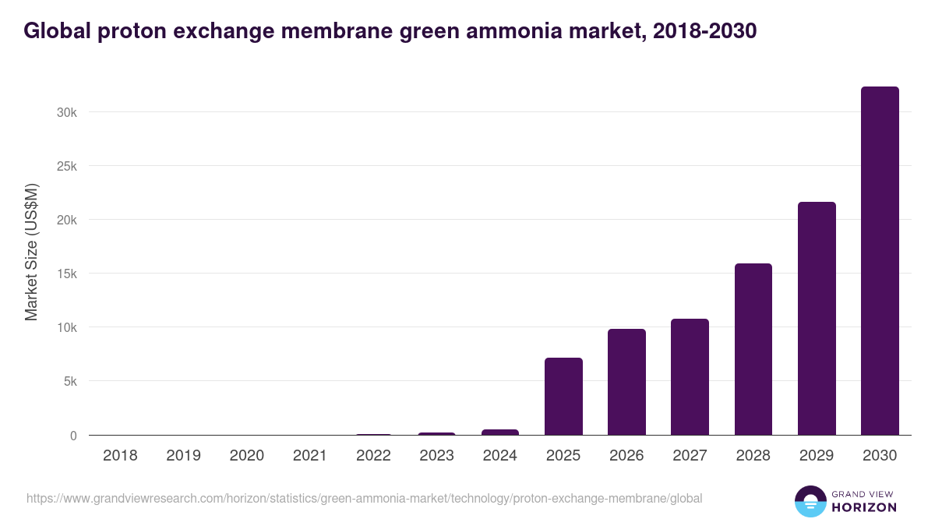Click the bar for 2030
click(x=880, y=261)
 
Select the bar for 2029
click(x=817, y=319)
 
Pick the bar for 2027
click(x=690, y=377)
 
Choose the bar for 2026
click(x=626, y=382)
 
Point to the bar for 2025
click(x=563, y=397)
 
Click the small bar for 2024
click(x=499, y=432)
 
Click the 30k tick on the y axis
click(x=66, y=112)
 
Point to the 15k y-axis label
click(x=66, y=274)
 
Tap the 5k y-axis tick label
click(x=69, y=382)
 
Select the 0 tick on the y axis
click(x=73, y=436)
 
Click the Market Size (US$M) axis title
click(x=31, y=252)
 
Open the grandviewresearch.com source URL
click(x=364, y=498)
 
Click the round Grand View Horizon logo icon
click(x=810, y=501)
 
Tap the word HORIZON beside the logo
click(x=864, y=507)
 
